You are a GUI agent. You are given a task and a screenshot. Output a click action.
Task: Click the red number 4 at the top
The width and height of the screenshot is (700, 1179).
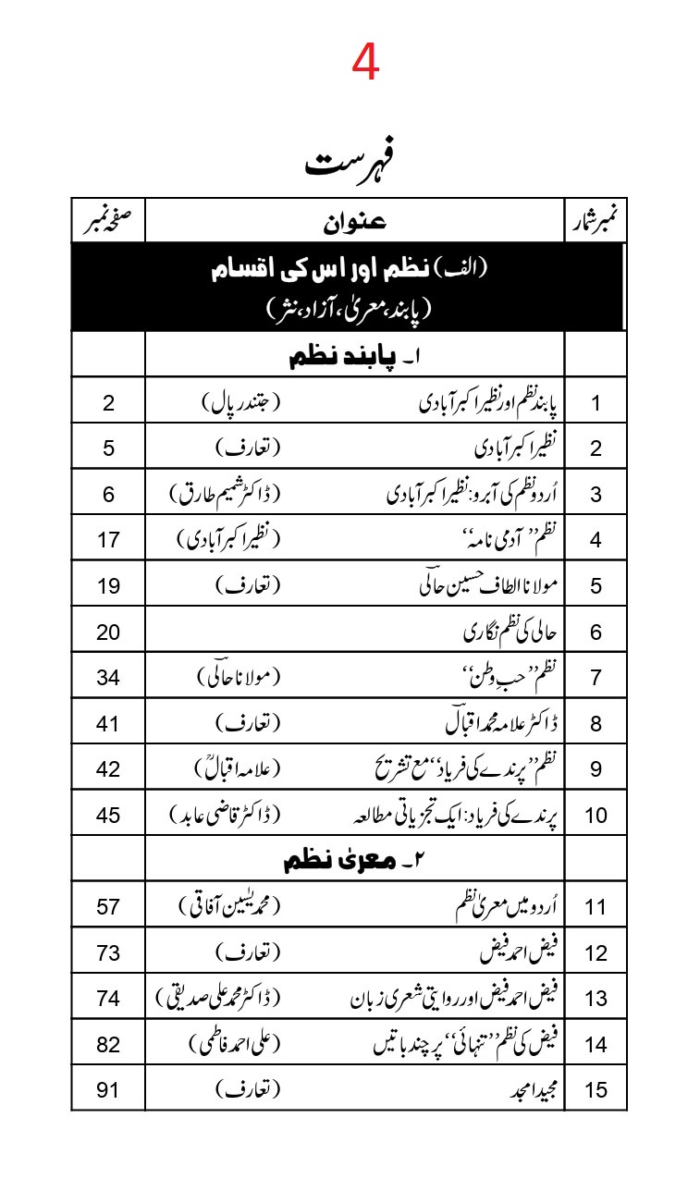click(366, 64)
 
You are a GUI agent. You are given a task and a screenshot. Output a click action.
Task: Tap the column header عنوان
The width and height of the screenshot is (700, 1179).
click(355, 221)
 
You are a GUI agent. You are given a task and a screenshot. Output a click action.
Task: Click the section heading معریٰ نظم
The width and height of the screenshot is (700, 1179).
click(353, 861)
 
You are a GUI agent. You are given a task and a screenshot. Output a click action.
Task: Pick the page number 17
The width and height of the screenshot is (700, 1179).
click(108, 540)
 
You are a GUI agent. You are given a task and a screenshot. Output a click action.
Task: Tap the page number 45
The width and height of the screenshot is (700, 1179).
click(108, 815)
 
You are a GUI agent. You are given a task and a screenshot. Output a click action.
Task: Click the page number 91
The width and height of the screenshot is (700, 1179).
click(108, 1089)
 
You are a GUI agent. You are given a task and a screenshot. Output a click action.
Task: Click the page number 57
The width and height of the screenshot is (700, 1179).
click(108, 906)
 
